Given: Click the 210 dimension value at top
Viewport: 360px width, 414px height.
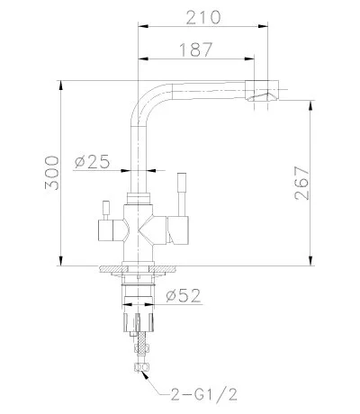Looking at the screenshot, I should click(205, 16).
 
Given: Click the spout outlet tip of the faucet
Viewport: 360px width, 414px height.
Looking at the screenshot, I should click(267, 94).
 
